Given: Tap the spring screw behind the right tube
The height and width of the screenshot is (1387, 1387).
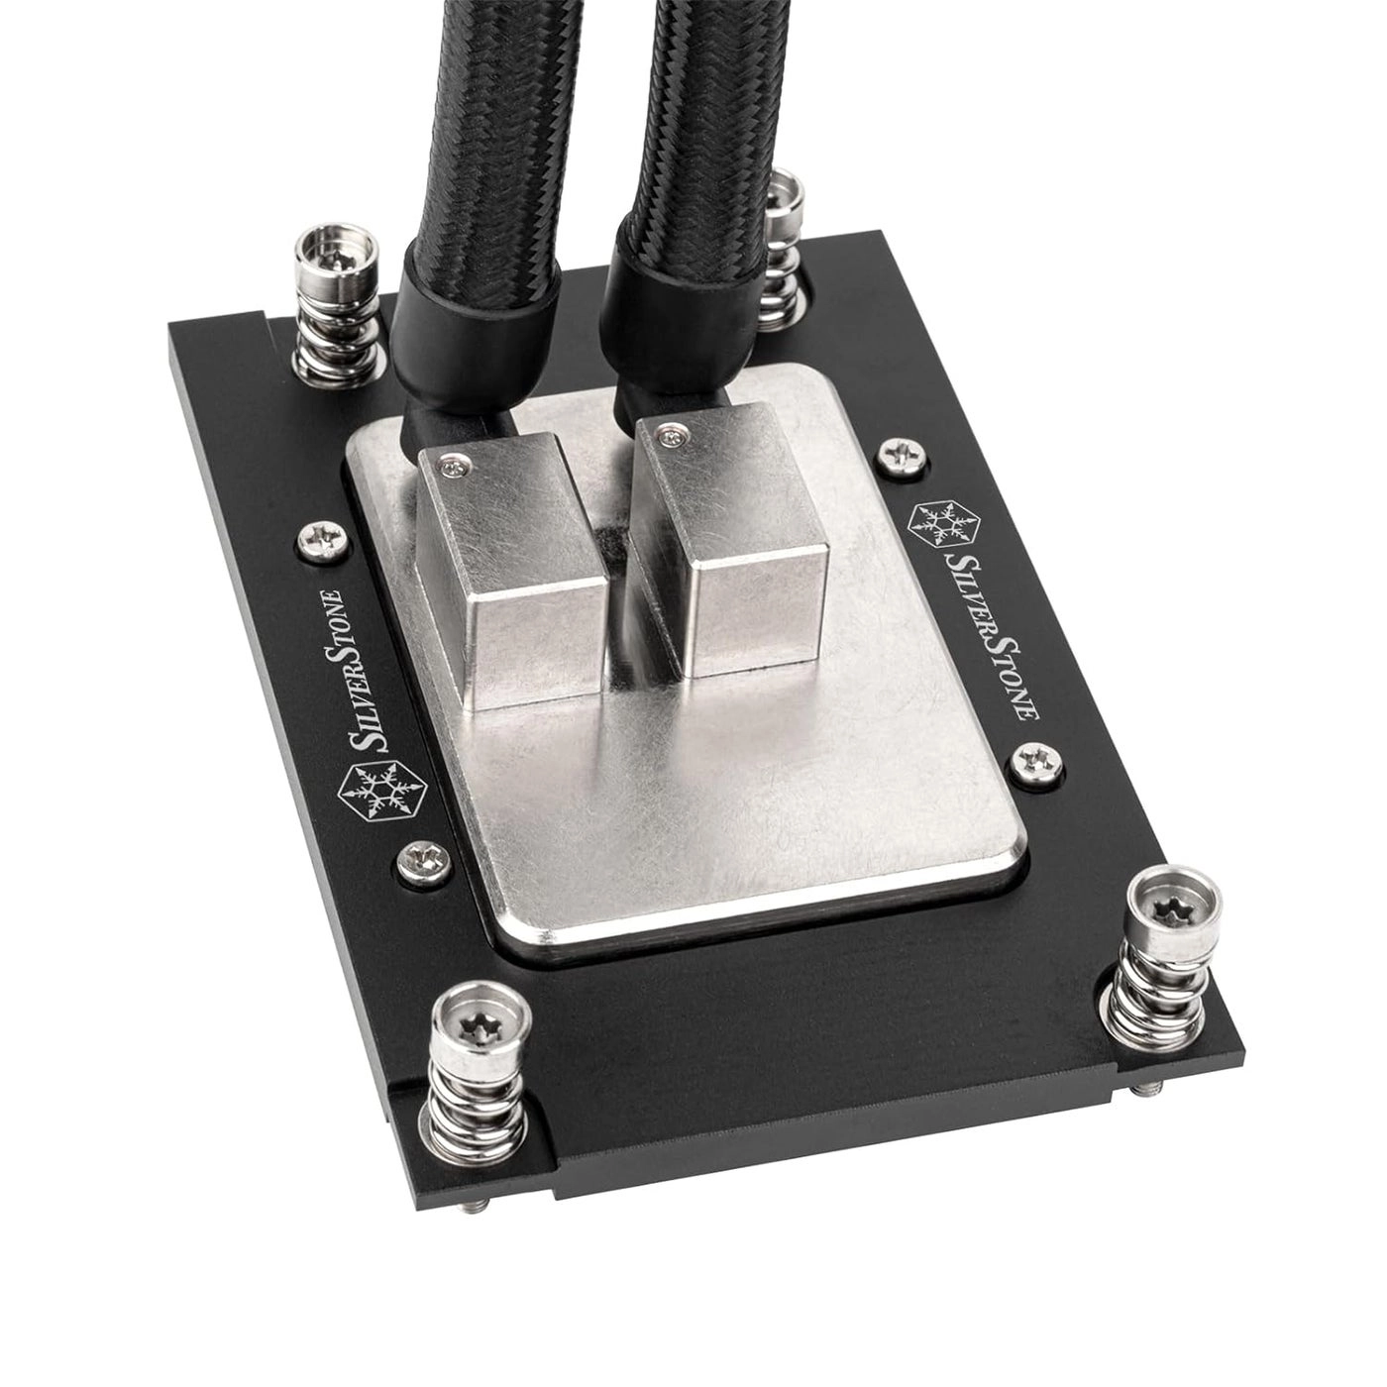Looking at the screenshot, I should (790, 189).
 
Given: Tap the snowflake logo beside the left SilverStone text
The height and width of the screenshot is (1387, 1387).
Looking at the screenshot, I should (373, 793).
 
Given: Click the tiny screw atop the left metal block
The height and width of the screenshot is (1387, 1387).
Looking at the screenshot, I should (455, 461).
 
